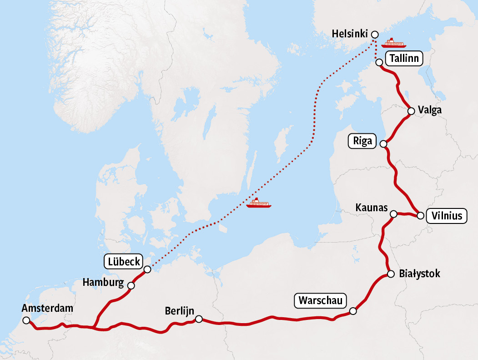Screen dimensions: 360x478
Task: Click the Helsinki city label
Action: tap(349, 34)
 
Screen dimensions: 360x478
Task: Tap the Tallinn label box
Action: tap(404, 59)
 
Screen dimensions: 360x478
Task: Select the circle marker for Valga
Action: tap(411, 111)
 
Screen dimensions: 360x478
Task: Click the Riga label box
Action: tap(362, 141)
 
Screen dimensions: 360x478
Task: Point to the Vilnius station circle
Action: tap(421, 216)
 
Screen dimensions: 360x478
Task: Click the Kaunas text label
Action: tap(371, 208)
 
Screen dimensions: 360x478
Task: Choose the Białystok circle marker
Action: tap(391, 274)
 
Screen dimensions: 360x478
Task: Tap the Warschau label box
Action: tap(321, 301)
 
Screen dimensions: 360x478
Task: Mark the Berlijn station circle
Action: tap(198, 319)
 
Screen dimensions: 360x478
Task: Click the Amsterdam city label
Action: tap(47, 309)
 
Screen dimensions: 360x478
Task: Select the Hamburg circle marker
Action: tap(131, 286)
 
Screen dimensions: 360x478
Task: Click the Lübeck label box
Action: tap(124, 262)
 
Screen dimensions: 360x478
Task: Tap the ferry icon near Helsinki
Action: tap(394, 43)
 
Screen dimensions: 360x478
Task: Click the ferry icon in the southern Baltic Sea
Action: tap(258, 203)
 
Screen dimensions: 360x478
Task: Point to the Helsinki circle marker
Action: tap(375, 34)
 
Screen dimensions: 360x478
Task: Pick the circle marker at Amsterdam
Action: tap(25, 320)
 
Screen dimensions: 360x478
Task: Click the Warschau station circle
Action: tap(353, 311)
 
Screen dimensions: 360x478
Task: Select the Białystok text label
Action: tap(419, 274)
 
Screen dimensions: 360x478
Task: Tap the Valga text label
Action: tap(430, 111)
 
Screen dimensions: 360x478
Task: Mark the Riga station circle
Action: tap(383, 144)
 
